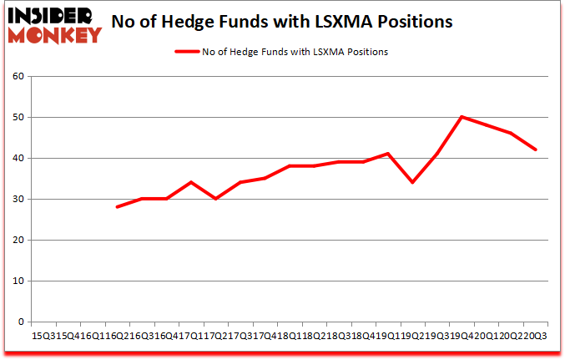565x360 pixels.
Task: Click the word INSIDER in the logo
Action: pyautogui.click(x=53, y=15)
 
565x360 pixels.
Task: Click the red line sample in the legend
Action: pyautogui.click(x=186, y=52)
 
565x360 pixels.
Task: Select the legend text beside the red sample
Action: pyautogui.click(x=295, y=52)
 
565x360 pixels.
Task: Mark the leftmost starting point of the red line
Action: pyautogui.click(x=117, y=207)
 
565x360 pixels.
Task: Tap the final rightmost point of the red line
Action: pyautogui.click(x=536, y=150)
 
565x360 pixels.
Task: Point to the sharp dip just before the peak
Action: pyautogui.click(x=412, y=182)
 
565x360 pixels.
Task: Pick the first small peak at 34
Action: pyautogui.click(x=191, y=182)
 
